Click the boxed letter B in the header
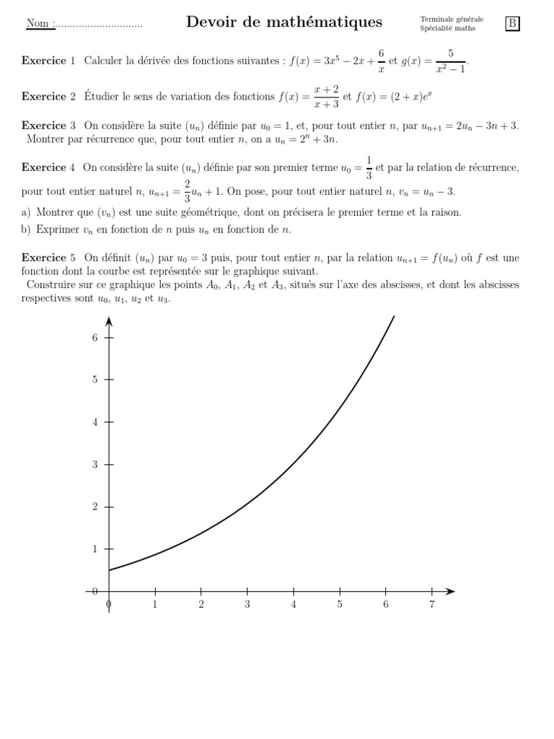coord(512,24)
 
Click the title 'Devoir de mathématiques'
coord(284,22)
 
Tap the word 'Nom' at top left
coord(38,24)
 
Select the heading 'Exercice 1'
coord(48,61)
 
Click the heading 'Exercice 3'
coord(48,126)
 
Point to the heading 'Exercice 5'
coord(48,258)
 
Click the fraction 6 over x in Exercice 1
coord(382,61)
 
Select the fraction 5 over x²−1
coord(450,61)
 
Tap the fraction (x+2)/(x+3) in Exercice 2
coord(326,97)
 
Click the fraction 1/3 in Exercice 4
coord(369,167)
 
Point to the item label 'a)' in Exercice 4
coord(27,212)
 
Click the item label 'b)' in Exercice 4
coord(27,229)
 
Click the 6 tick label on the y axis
coord(94,338)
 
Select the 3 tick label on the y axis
coord(94,465)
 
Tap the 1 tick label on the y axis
coord(94,549)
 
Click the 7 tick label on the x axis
coord(431,604)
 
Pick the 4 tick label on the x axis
coord(293,604)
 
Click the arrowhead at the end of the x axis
coord(450,592)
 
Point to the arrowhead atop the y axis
coord(109,320)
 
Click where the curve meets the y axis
coord(109,571)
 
